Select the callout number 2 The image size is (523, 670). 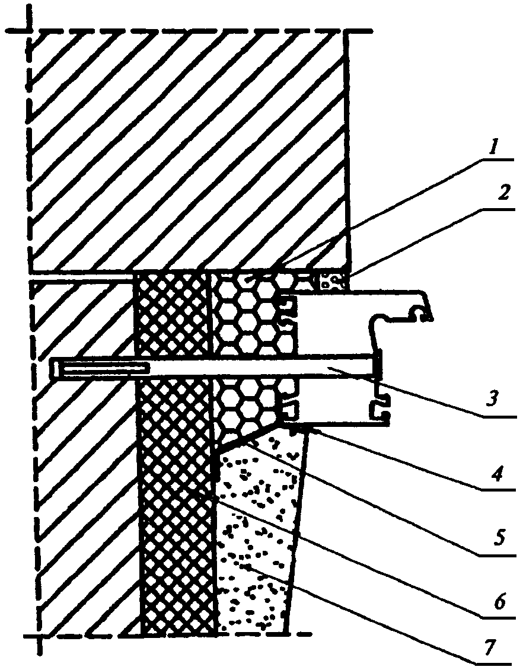503,194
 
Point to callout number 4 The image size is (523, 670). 498,473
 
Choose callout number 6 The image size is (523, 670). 500,602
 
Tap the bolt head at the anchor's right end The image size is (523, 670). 378,363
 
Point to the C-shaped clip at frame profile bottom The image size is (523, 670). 380,411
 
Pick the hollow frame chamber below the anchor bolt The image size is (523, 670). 333,401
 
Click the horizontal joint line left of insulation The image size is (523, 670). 81,279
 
